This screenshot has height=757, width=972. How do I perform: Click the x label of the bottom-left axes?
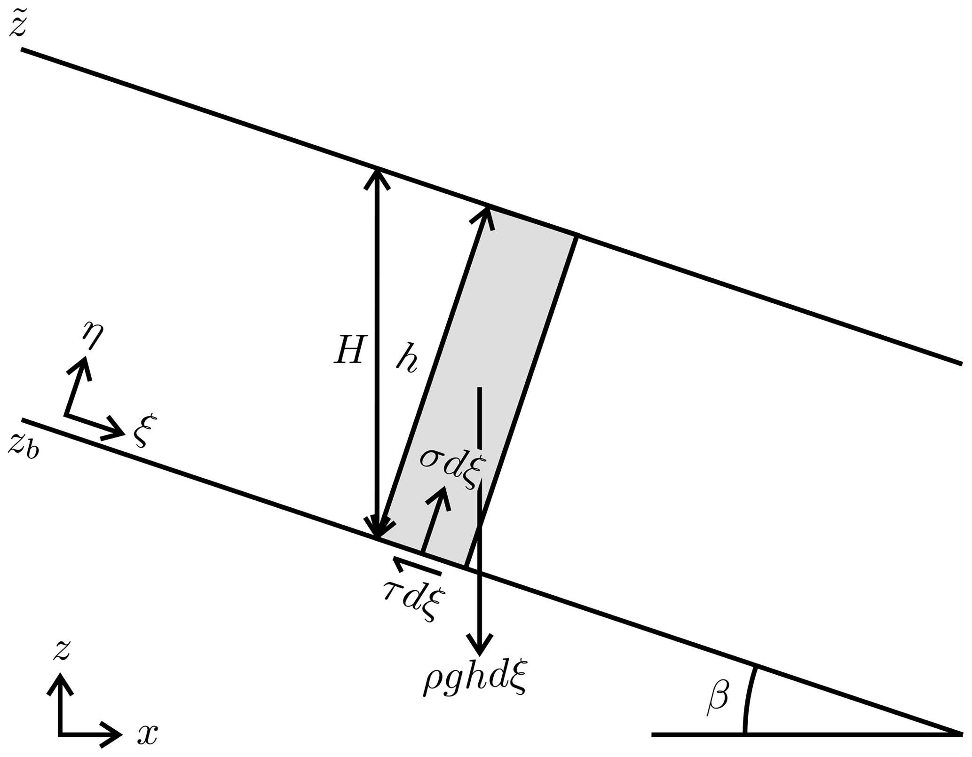pyautogui.click(x=147, y=734)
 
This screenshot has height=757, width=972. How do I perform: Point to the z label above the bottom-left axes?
pyautogui.click(x=62, y=650)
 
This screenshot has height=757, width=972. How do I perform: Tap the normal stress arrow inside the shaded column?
pyautogui.click(x=435, y=517)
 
